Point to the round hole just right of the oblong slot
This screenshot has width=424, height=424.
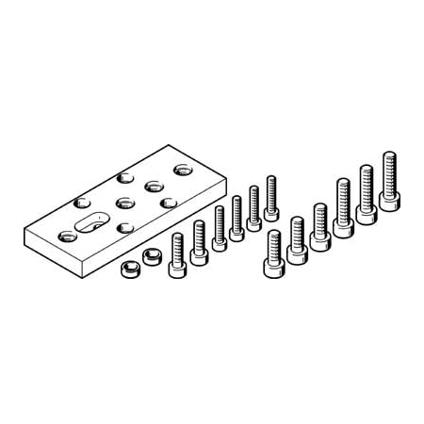122,226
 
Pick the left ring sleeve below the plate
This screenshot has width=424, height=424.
127,271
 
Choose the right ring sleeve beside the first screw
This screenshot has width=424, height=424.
149,254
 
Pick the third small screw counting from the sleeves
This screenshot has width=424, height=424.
219,226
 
